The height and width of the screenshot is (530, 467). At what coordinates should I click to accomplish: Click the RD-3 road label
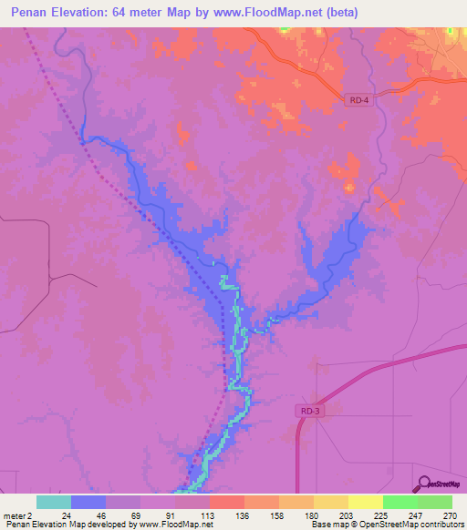click(309, 412)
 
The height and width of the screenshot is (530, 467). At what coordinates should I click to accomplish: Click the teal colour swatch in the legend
click(54, 502)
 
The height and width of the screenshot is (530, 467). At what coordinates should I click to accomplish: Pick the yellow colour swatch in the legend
click(366, 502)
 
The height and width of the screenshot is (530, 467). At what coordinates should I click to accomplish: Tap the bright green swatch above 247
click(400, 502)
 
